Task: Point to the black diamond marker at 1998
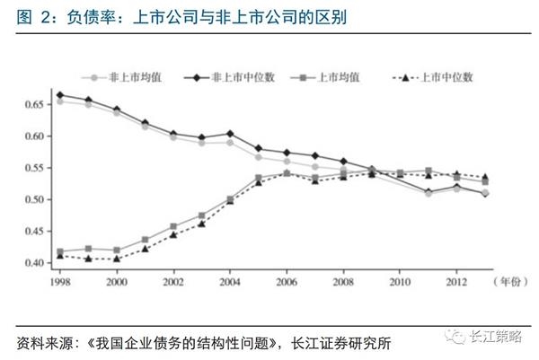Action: [59, 94]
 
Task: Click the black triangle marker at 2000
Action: [117, 259]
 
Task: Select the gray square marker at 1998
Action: [59, 251]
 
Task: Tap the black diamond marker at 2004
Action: [230, 133]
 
